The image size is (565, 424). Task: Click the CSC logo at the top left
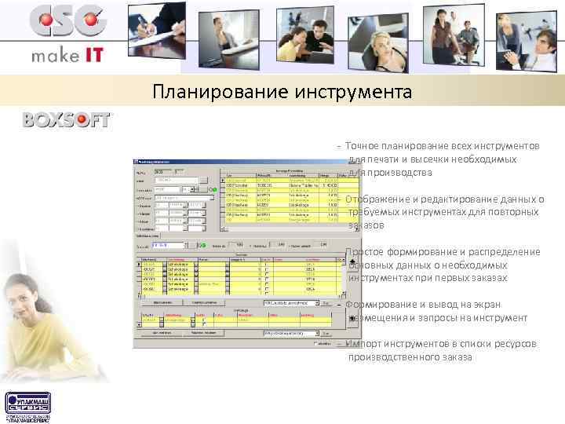click(67, 22)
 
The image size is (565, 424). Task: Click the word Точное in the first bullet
click(362, 146)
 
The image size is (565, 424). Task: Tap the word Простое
click(366, 252)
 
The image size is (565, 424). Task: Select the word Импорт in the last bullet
click(366, 345)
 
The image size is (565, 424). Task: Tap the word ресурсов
click(516, 345)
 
